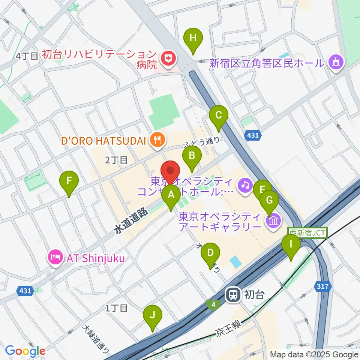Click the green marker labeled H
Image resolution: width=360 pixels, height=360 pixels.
(x=193, y=38)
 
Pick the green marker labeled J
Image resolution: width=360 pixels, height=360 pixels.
(x=152, y=315)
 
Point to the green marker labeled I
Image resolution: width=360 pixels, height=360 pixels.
(x=291, y=244)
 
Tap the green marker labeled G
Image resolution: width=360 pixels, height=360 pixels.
(x=269, y=200)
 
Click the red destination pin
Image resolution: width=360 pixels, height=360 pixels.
(x=171, y=171)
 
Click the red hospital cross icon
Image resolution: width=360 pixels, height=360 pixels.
(x=167, y=58)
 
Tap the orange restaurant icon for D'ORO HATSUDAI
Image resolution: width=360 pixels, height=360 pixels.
(x=156, y=140)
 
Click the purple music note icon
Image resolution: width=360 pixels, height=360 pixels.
(x=245, y=184)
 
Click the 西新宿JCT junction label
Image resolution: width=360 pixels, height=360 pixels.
(x=307, y=232)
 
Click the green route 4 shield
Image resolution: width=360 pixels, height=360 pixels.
(x=213, y=305)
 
